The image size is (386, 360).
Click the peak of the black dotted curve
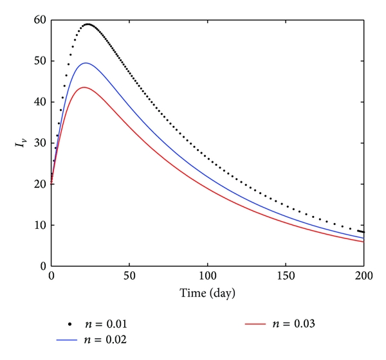[88, 24]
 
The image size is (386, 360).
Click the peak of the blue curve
[85, 63]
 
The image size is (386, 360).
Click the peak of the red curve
[84, 87]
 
